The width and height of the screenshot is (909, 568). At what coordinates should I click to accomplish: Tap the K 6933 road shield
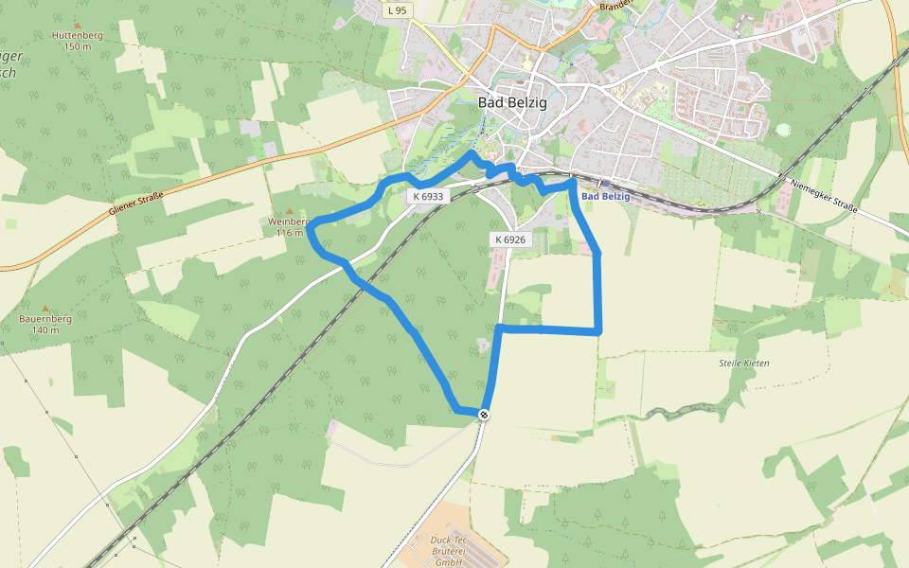[x=428, y=196]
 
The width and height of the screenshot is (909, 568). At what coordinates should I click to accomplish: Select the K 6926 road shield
[x=508, y=240]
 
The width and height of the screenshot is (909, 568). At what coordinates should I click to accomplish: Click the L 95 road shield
[x=398, y=10]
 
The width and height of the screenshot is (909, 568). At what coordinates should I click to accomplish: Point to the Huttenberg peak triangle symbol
[x=78, y=26]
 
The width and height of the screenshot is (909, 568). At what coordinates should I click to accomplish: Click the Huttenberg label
[x=78, y=36]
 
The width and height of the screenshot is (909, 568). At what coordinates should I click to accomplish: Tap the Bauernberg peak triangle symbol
[x=45, y=309]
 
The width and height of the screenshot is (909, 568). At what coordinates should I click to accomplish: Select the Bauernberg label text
[x=45, y=319]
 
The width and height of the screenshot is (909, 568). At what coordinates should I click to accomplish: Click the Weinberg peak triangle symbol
[x=290, y=211]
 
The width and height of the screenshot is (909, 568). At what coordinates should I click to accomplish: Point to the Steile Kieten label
[x=744, y=364]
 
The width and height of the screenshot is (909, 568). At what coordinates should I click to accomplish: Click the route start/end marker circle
[x=484, y=415]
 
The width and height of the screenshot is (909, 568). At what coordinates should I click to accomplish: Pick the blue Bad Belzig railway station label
[x=606, y=197]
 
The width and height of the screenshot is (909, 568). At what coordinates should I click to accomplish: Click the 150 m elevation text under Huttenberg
[x=78, y=46]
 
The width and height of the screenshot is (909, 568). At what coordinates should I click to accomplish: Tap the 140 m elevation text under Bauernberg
[x=45, y=329]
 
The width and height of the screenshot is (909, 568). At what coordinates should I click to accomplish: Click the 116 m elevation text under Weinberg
[x=290, y=232]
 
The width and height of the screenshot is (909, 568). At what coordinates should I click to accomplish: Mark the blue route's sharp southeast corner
[x=599, y=331]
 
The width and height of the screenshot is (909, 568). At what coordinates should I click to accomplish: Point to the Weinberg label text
[x=288, y=222]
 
